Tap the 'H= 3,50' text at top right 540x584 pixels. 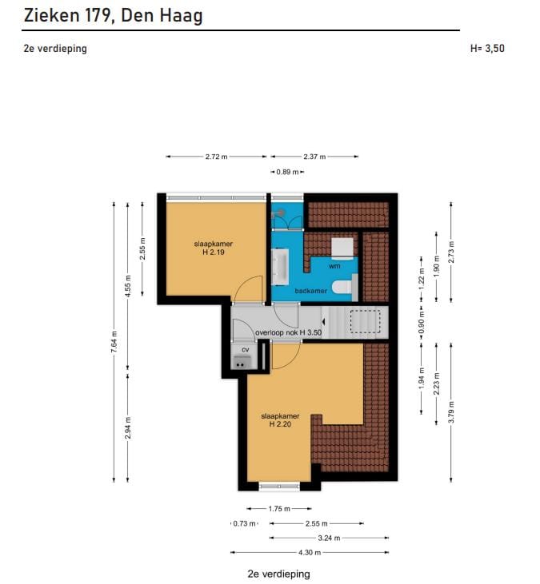[487, 48]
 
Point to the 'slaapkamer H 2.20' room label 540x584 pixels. [280, 420]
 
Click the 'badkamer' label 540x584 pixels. [311, 291]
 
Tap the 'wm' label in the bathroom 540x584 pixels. [334, 266]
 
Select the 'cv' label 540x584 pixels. [245, 350]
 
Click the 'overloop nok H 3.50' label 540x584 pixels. [288, 332]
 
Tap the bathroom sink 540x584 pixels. [281, 266]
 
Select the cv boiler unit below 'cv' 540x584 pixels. [242, 363]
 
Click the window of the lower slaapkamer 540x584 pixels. [279, 486]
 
